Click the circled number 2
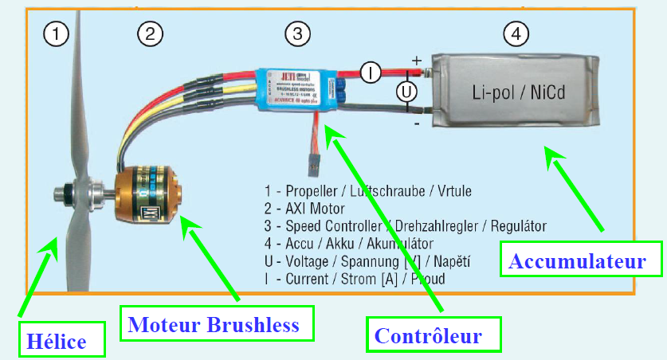tap(150, 33)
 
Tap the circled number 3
tap(296, 33)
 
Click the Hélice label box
tap(55, 341)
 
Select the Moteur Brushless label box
tap(213, 324)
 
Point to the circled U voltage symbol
tap(407, 92)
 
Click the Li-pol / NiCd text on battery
tap(517, 93)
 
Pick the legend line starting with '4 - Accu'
tap(349, 244)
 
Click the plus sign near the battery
tap(416, 61)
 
